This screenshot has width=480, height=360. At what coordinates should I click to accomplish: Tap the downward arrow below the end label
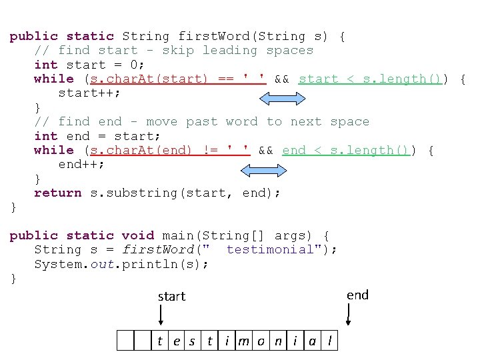[348, 313]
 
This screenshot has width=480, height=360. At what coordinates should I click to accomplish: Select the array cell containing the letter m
[243, 341]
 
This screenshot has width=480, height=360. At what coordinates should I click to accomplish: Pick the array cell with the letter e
[176, 341]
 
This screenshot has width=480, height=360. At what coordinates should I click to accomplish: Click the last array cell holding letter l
[330, 341]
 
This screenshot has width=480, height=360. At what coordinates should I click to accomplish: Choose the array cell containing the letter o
[261, 341]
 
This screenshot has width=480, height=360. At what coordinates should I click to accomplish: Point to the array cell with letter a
[312, 341]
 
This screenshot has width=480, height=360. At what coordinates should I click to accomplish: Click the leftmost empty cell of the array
[125, 341]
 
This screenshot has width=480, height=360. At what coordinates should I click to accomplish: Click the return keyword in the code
[58, 193]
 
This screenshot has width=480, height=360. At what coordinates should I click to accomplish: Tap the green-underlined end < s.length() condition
[345, 151]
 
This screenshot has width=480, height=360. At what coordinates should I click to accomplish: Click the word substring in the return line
[133, 193]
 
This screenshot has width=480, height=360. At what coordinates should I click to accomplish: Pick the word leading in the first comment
[229, 51]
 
